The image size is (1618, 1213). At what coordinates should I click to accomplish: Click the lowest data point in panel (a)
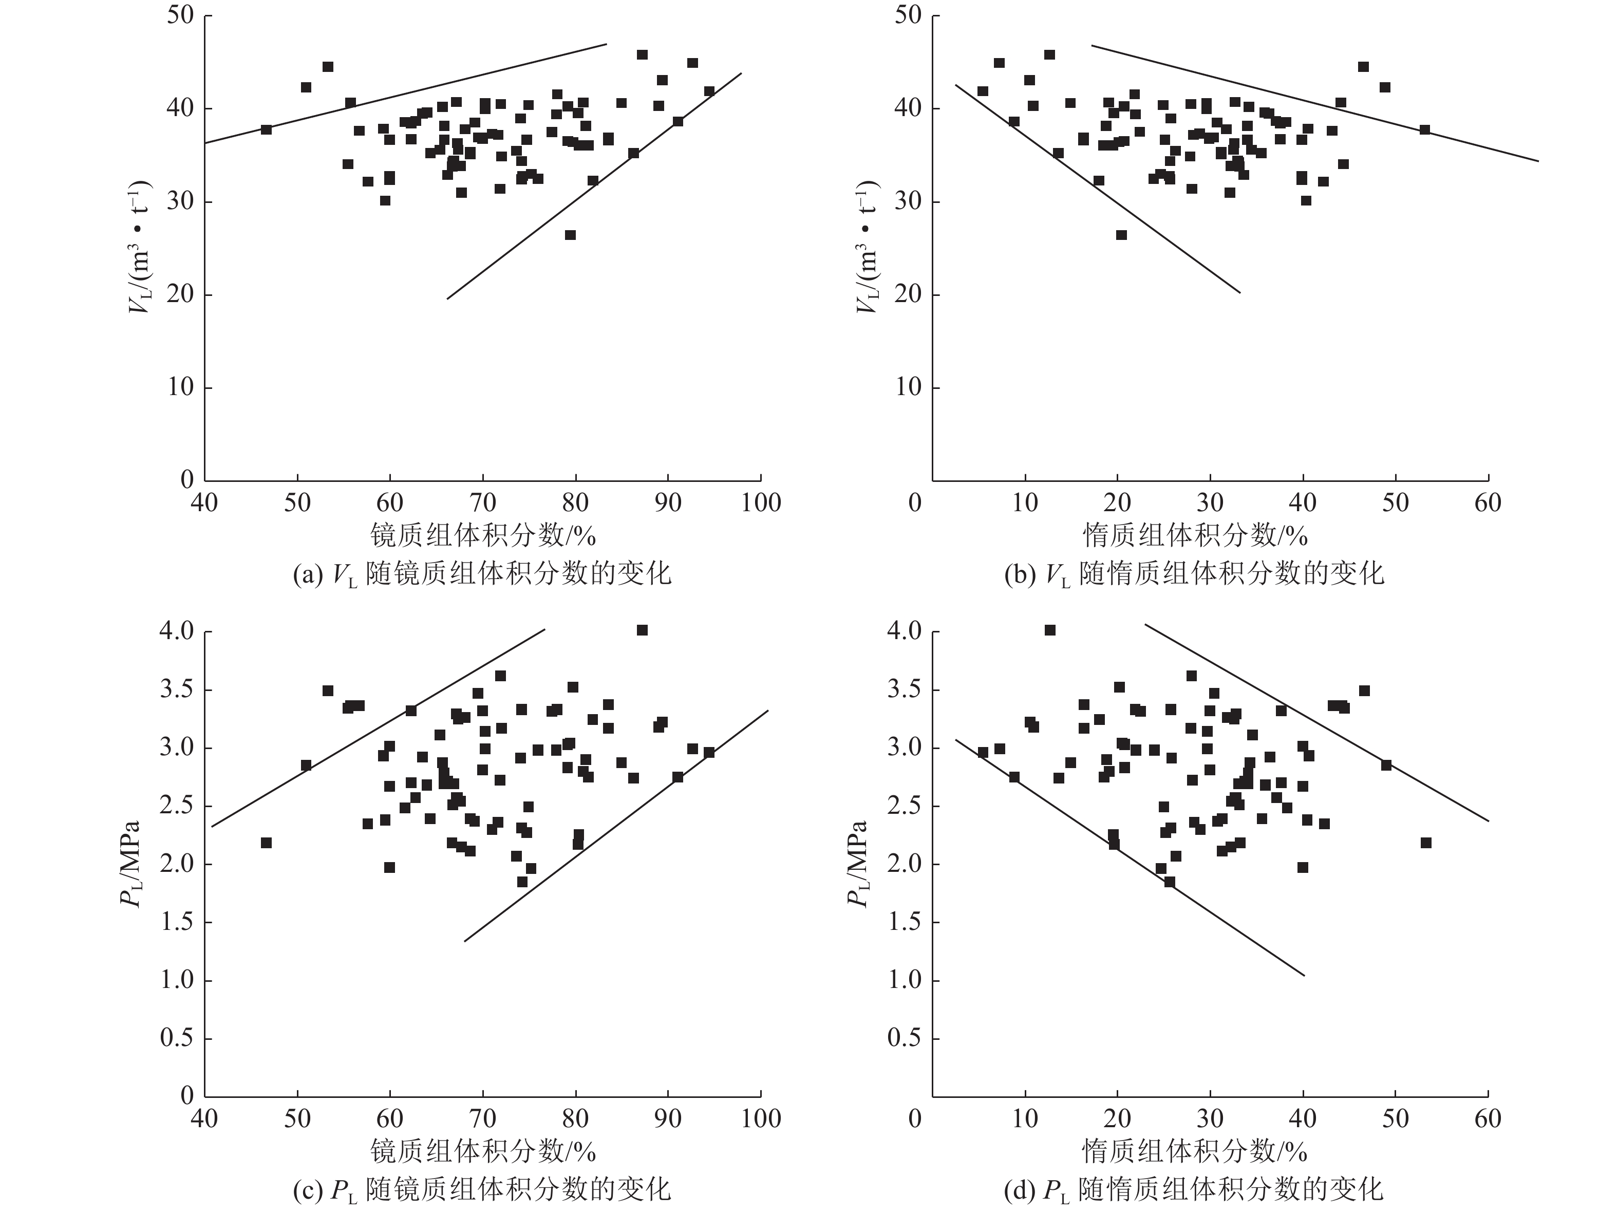(x=570, y=235)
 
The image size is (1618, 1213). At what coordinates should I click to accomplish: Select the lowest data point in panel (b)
(x=1121, y=235)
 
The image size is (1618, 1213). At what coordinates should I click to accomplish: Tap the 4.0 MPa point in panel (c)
(x=642, y=630)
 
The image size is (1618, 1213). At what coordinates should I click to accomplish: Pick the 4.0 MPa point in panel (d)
(x=1050, y=630)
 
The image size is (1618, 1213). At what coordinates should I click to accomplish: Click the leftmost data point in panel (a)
(x=266, y=129)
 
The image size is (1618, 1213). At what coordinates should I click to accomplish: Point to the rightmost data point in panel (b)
(x=1425, y=129)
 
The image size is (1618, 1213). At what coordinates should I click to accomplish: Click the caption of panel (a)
(x=481, y=573)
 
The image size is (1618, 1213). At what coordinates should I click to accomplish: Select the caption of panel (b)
(x=1194, y=573)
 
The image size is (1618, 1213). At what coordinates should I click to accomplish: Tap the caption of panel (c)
(x=481, y=1189)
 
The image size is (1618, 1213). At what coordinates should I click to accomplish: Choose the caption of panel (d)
(x=1194, y=1189)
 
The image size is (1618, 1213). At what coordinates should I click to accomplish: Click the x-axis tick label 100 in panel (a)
(x=761, y=503)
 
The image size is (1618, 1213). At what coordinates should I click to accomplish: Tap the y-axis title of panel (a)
(x=139, y=247)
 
